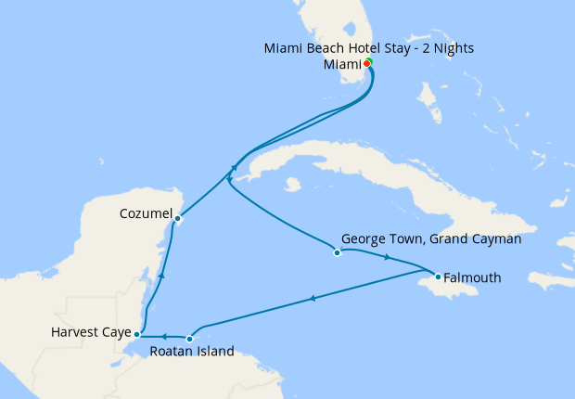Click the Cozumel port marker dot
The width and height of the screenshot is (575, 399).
pyautogui.click(x=177, y=219)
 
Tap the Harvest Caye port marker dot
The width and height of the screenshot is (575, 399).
pyautogui.click(x=137, y=334)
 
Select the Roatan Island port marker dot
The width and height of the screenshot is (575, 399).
pyautogui.click(x=189, y=339)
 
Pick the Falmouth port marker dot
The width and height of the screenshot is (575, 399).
pyautogui.click(x=438, y=276)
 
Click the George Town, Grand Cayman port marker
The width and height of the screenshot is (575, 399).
pyautogui.click(x=337, y=252)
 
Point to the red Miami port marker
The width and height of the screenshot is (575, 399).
pyautogui.click(x=366, y=64)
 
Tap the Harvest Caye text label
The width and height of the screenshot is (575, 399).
pyautogui.click(x=90, y=331)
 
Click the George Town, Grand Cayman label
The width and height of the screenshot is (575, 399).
pyautogui.click(x=431, y=238)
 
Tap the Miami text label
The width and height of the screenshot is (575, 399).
pyautogui.click(x=341, y=65)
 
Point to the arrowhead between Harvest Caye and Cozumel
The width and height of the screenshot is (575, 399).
pyautogui.click(x=162, y=275)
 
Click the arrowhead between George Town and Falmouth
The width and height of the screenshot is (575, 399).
pyautogui.click(x=387, y=258)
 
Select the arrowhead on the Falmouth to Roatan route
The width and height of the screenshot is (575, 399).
pyautogui.click(x=313, y=298)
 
